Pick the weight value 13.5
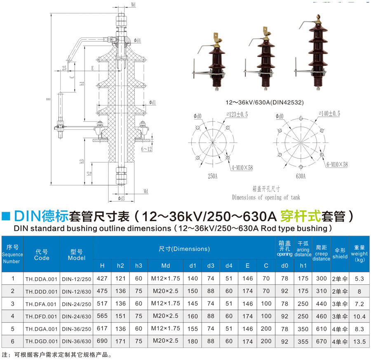click(x=359, y=341)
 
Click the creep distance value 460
click(x=321, y=316)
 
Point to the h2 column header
click(x=120, y=266)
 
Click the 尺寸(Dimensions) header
click(x=184, y=249)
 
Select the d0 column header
click(x=284, y=266)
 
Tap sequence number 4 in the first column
click(x=13, y=316)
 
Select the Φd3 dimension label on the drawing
click(x=121, y=199)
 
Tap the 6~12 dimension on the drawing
click(x=146, y=149)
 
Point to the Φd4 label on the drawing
click(x=138, y=41)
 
